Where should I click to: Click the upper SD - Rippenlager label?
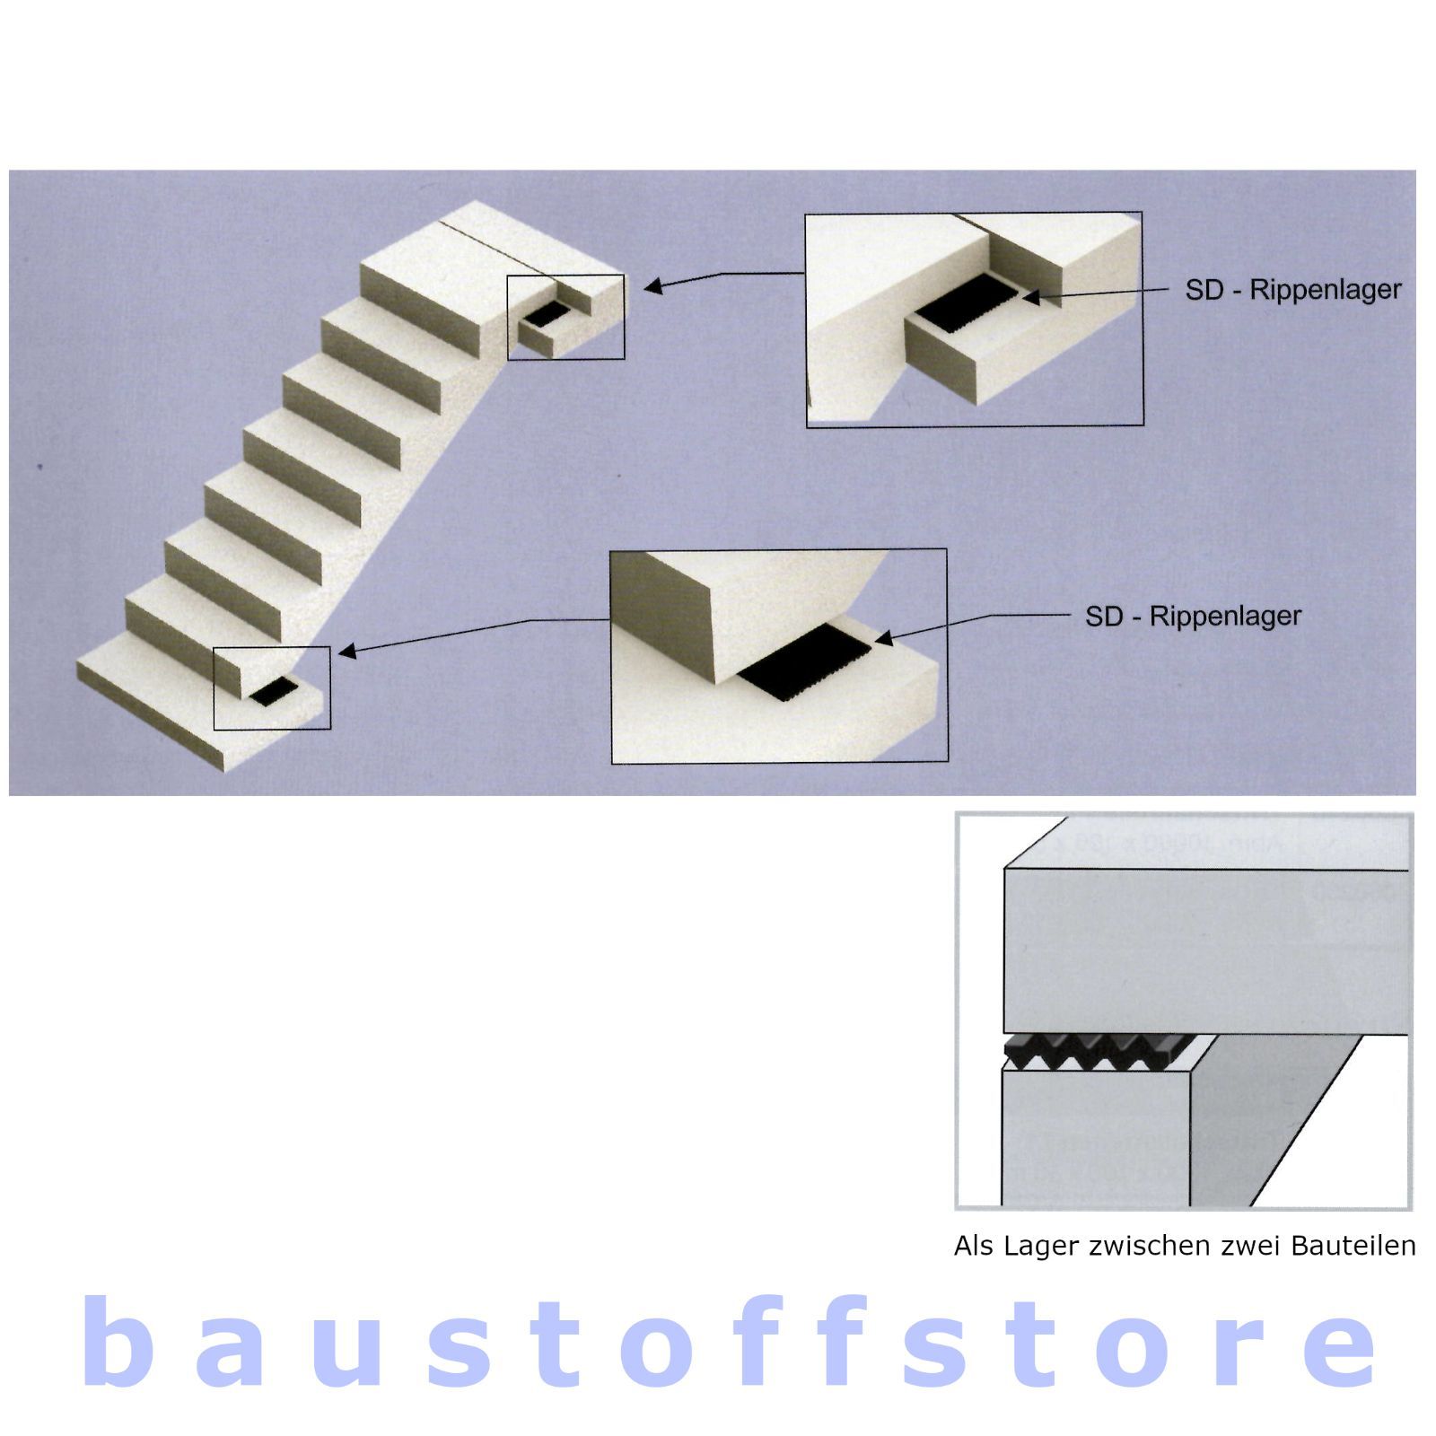(x=1292, y=290)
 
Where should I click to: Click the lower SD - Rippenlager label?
(x=1193, y=616)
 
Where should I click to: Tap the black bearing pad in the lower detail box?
(x=806, y=664)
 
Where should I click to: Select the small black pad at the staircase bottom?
(x=274, y=691)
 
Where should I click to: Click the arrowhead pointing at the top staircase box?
(x=653, y=286)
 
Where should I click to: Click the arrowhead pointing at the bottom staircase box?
(x=347, y=651)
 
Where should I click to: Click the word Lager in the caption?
(x=1040, y=1248)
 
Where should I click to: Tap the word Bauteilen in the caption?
(x=1353, y=1246)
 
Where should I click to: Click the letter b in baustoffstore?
(x=116, y=1342)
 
